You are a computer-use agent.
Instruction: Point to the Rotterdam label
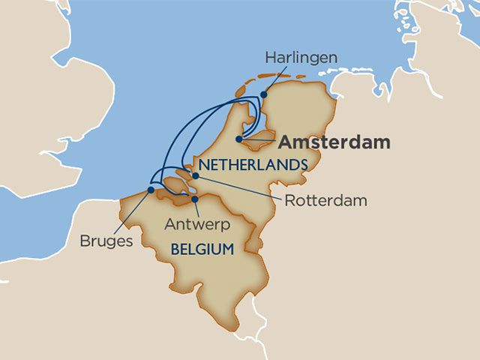coord(325,200)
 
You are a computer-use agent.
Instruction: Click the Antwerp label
coord(197,224)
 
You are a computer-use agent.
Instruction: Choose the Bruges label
coord(106,241)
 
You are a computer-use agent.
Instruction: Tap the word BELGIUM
coord(202,248)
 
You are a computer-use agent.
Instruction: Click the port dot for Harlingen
coord(264,94)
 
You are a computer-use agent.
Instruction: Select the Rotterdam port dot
coord(195,175)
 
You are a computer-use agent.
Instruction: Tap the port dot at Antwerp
coord(193,200)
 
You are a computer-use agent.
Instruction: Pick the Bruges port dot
coord(151,190)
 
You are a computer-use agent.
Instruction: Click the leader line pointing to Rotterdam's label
coord(240,187)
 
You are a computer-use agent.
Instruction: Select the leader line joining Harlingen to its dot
coord(272,81)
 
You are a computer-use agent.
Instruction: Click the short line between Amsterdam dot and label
coord(259,140)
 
